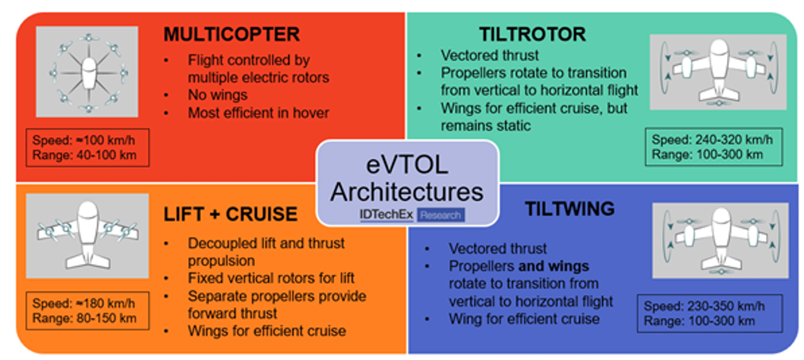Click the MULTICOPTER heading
[x=232, y=34]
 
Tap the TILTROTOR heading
[x=533, y=34]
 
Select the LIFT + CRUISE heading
[x=230, y=214]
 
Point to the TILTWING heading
[x=570, y=208]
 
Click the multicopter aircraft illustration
[x=87, y=72]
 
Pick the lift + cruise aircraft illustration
[x=88, y=236]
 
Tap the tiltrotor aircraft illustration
[x=718, y=72]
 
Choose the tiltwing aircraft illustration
[x=720, y=241]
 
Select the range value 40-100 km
[x=107, y=156]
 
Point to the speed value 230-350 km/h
[x=726, y=306]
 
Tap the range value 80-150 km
[x=107, y=318]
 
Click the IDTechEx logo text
[x=386, y=215]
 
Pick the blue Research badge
[x=441, y=215]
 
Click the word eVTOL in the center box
[x=407, y=166]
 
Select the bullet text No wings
[x=218, y=95]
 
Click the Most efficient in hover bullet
[x=259, y=113]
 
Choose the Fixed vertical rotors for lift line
[x=271, y=278]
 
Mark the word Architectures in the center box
[x=407, y=192]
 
